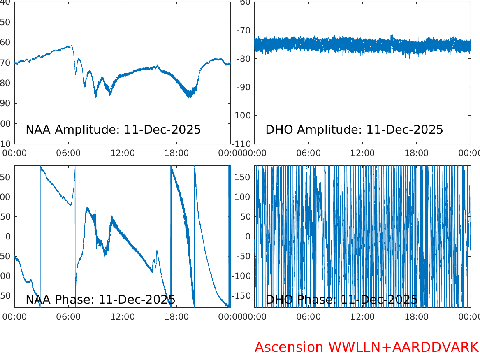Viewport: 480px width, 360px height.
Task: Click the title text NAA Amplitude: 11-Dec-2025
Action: (x=113, y=130)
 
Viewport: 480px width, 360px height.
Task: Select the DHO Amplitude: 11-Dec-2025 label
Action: (x=354, y=130)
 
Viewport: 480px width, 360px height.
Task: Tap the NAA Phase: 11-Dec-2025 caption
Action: (x=100, y=300)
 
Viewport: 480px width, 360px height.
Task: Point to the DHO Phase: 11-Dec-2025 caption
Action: (x=341, y=300)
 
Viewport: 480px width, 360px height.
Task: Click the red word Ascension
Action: (x=289, y=347)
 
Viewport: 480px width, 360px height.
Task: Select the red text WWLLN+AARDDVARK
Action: (x=403, y=347)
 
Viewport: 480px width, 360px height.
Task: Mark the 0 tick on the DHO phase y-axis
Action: (x=248, y=237)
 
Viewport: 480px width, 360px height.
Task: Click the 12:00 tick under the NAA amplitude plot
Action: (x=123, y=153)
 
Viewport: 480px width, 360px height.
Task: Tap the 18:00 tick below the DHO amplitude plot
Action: (x=416, y=153)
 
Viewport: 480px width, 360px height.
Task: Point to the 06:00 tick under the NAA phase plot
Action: (x=69, y=317)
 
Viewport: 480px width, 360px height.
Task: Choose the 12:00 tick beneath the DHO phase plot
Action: (x=362, y=317)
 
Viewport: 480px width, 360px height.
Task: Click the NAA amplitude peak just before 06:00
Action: (x=71, y=46)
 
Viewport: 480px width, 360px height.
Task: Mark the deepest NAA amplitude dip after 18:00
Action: (x=189, y=96)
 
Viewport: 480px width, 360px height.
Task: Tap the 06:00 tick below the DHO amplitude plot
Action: (x=308, y=153)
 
